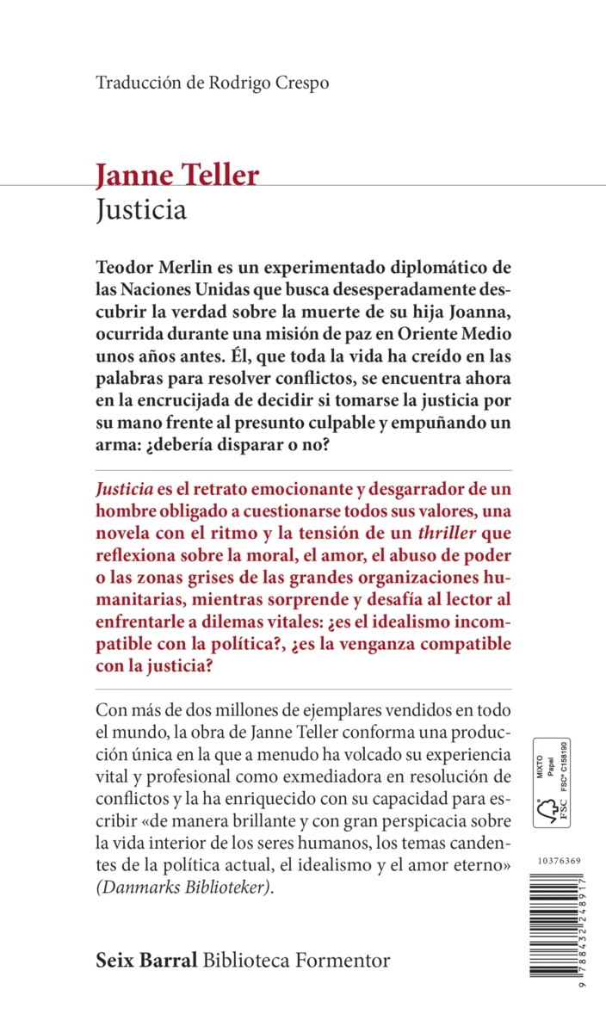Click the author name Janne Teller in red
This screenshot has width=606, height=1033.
[177, 176]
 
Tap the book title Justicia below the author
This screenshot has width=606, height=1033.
[141, 210]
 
